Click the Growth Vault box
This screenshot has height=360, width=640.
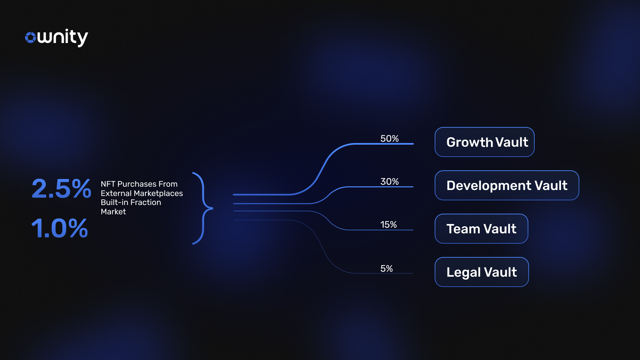[485, 142]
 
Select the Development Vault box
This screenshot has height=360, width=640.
[507, 185]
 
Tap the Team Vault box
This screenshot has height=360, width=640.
[481, 229]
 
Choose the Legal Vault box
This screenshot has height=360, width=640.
[482, 272]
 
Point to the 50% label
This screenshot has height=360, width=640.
[389, 138]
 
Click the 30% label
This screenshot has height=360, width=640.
[389, 181]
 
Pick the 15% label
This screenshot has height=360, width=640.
[388, 224]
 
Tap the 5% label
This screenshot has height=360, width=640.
[386, 268]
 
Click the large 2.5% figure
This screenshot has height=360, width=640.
[61, 189]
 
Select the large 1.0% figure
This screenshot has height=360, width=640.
[60, 228]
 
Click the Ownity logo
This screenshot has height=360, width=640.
[57, 37]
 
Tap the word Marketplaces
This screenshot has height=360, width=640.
[158, 193]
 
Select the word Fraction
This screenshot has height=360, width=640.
[145, 202]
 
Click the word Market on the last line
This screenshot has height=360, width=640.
[113, 212]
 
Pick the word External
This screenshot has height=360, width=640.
[116, 193]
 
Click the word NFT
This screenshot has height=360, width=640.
[108, 184]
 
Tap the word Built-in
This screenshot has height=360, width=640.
[114, 202]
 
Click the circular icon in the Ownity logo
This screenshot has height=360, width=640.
[30, 37]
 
